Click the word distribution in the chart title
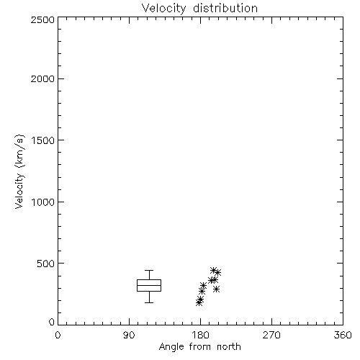point(225,8)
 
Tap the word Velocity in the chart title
point(163,9)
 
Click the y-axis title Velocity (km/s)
point(19,172)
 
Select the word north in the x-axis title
point(229,347)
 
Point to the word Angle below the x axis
point(171,347)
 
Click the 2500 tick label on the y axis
point(42,19)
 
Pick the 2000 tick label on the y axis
point(42,78)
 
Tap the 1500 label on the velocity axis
point(43,140)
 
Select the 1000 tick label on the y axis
point(43,202)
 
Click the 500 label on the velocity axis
point(46,264)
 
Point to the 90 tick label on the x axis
point(129,335)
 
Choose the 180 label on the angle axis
point(200,335)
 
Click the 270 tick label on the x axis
point(271,335)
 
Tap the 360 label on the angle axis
point(343,335)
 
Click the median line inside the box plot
point(149,285)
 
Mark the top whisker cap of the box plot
point(149,271)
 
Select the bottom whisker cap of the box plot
point(149,302)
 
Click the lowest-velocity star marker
point(199,302)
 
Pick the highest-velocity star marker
point(213,270)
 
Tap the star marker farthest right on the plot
point(217,273)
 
